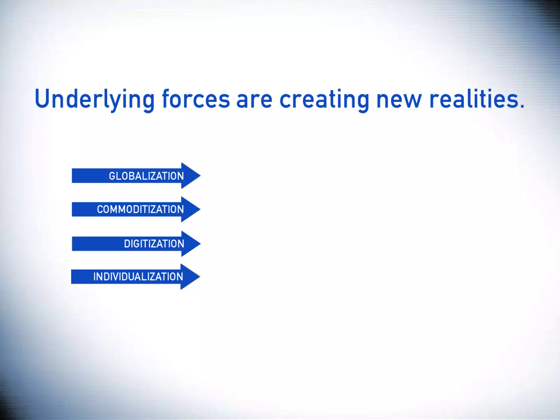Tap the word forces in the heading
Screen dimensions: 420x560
[196, 99]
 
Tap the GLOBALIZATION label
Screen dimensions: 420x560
[146, 176]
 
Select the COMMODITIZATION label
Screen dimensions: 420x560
[140, 209]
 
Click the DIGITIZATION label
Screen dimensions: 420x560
[154, 244]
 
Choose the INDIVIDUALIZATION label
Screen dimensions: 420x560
[138, 277]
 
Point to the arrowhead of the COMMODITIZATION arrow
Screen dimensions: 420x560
[191, 209]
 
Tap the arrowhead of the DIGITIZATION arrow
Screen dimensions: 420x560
[191, 244]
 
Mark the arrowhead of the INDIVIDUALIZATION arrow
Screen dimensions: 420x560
[191, 277]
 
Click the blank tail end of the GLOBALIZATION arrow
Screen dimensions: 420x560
[87, 176]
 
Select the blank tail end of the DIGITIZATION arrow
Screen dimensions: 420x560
[93, 244]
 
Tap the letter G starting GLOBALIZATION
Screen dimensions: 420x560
[112, 176]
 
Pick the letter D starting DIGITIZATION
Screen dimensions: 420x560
[127, 244]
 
